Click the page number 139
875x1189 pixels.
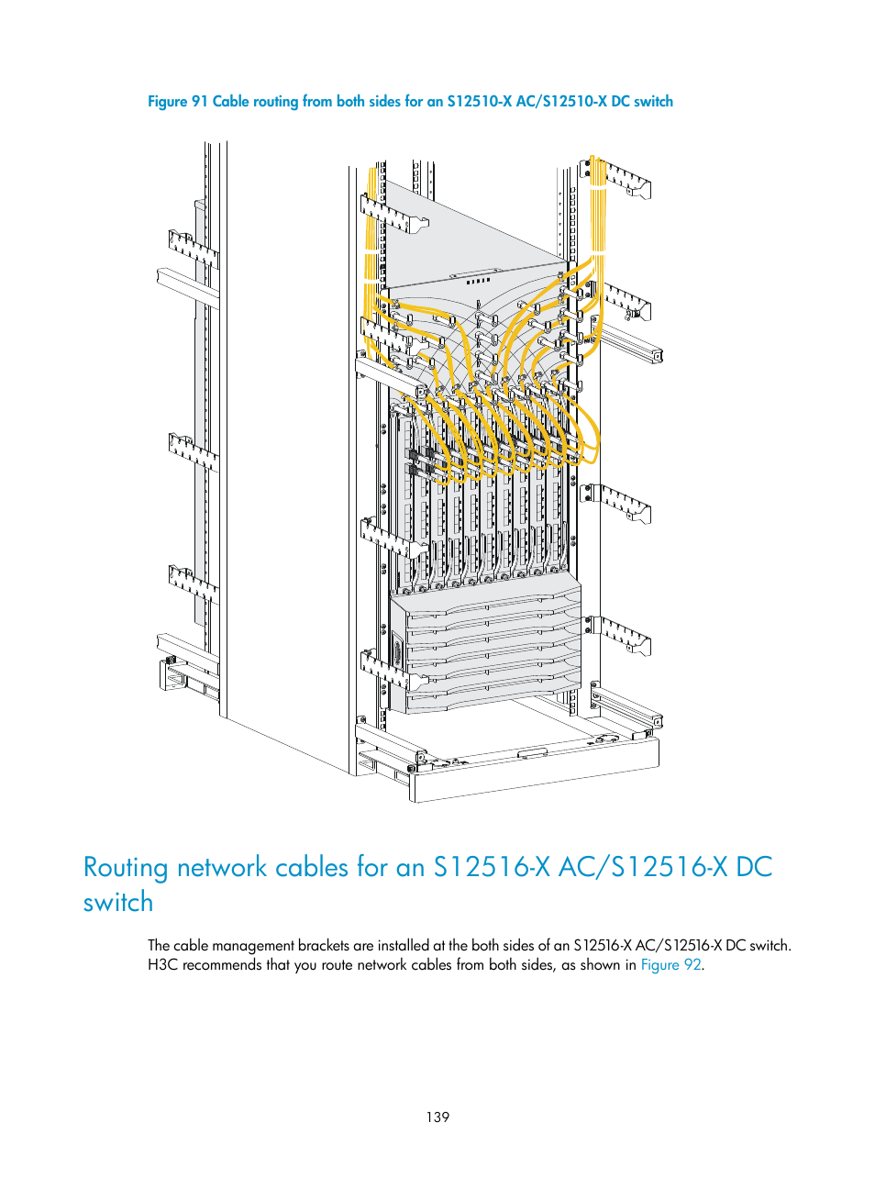click(x=437, y=1117)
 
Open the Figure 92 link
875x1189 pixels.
click(x=670, y=965)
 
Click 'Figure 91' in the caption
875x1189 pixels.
click(x=177, y=102)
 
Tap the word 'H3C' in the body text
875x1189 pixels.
click(x=162, y=965)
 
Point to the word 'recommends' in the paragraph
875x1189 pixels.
click(x=222, y=965)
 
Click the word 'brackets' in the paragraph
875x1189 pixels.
click(x=323, y=945)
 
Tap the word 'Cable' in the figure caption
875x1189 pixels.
click(x=230, y=102)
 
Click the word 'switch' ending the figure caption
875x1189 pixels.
click(x=653, y=102)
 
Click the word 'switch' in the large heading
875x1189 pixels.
click(x=118, y=903)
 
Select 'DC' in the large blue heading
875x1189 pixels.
click(x=754, y=868)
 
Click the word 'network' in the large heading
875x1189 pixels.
click(x=222, y=868)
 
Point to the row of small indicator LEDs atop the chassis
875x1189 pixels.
click(x=479, y=281)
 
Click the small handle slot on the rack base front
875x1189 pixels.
click(x=532, y=753)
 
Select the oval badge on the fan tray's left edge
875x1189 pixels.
click(x=397, y=653)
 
